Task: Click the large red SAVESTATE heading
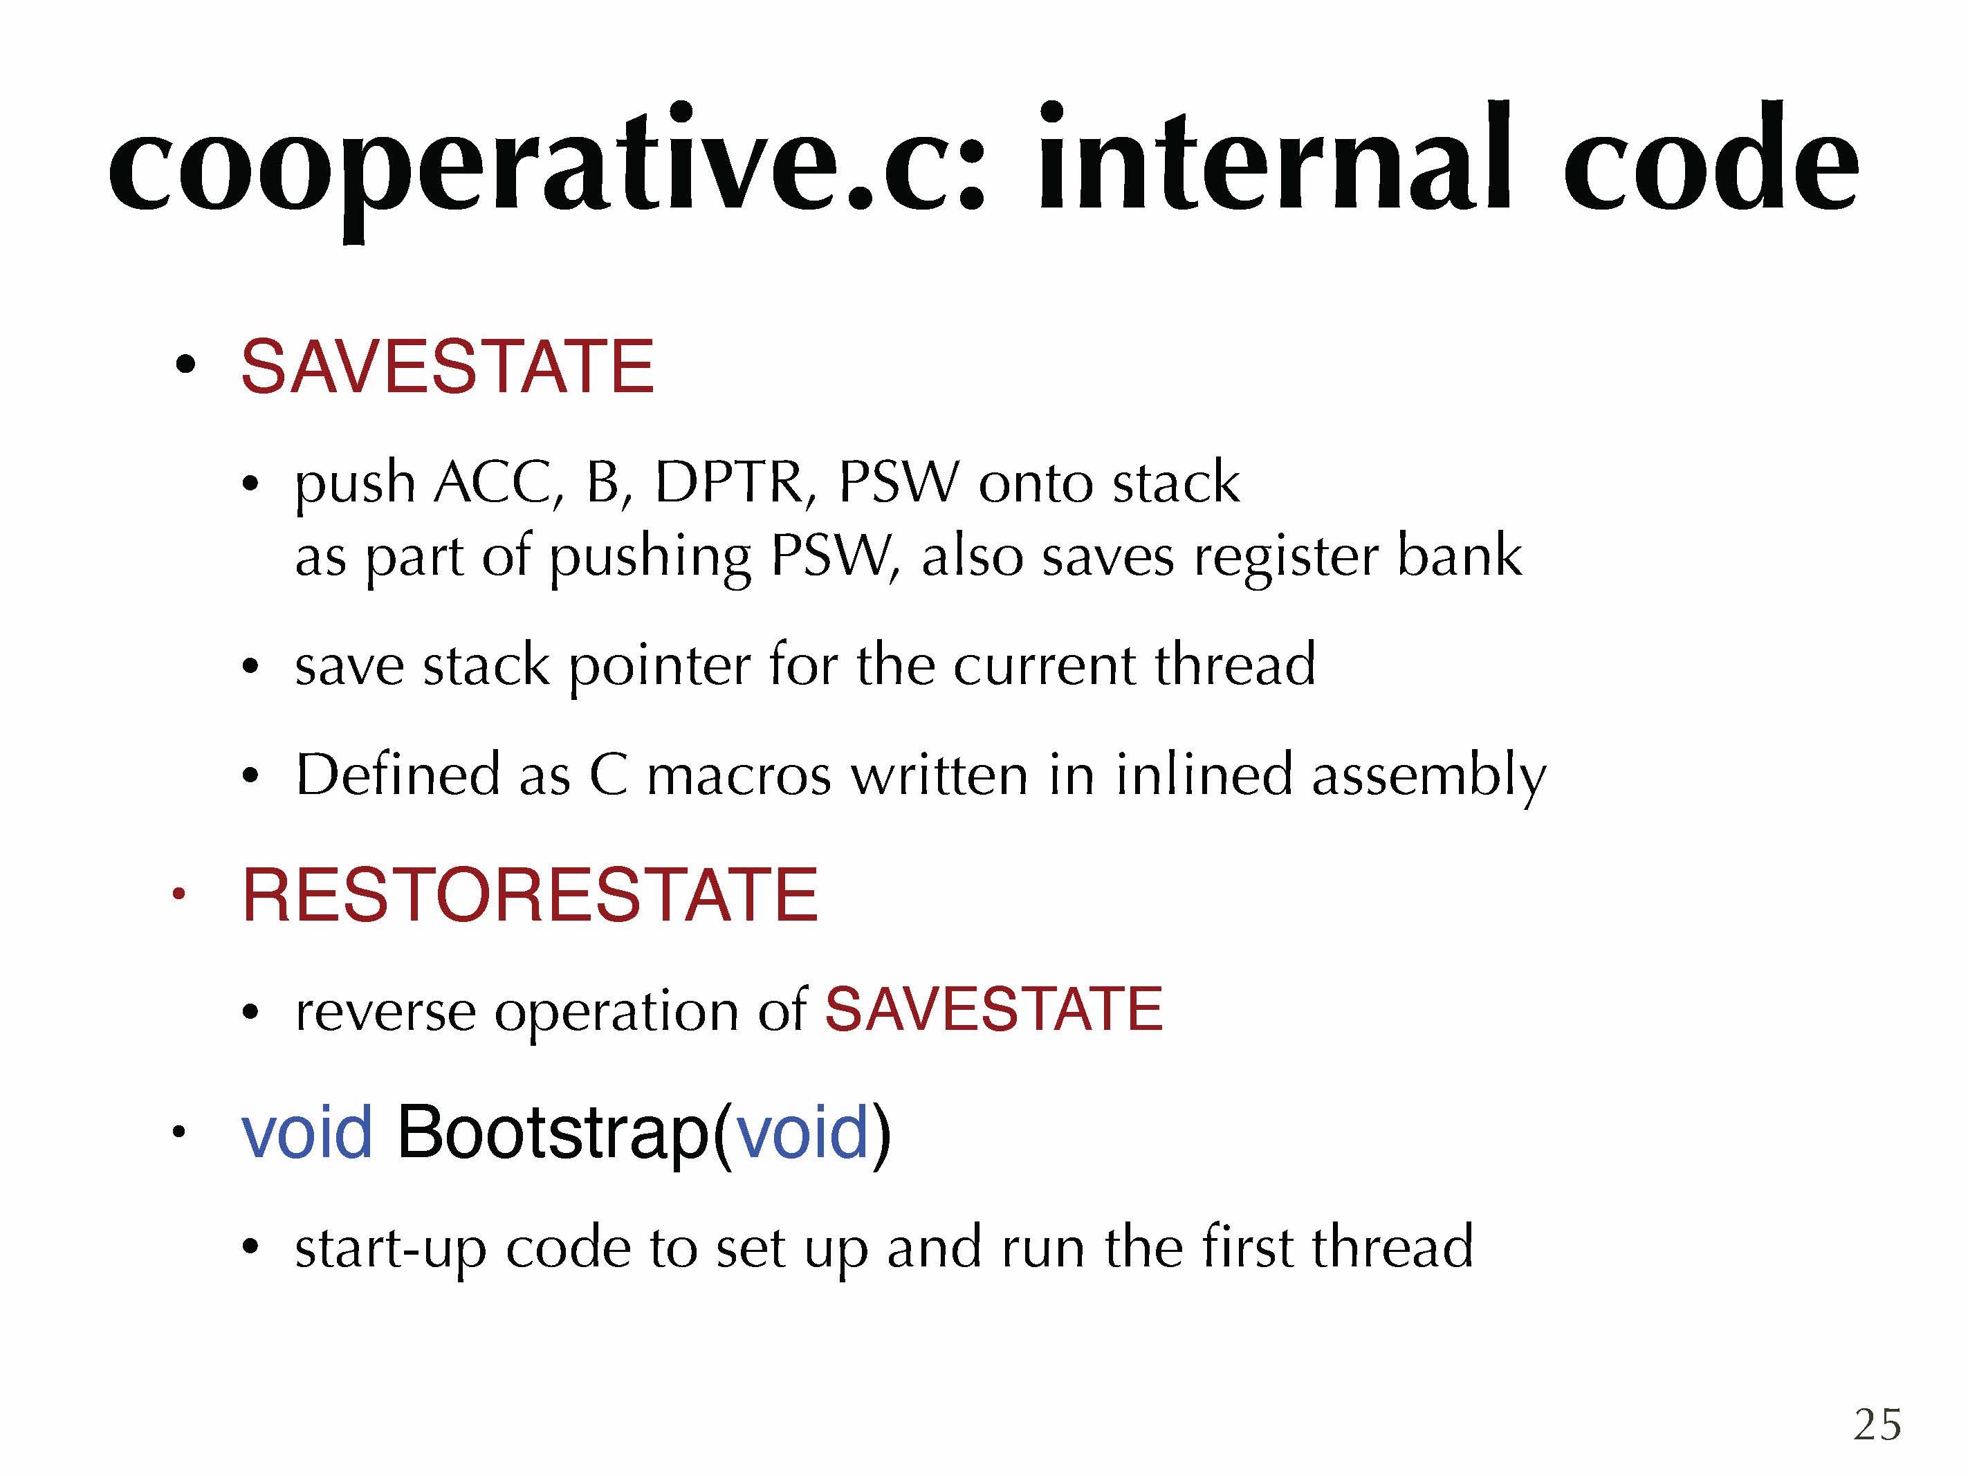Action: (x=448, y=367)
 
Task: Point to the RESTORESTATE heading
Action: (x=529, y=895)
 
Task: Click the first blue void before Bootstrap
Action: (x=307, y=1132)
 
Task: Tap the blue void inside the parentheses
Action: (x=802, y=1132)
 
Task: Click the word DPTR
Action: (x=728, y=483)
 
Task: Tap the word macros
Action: (x=739, y=775)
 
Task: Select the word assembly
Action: (x=1429, y=777)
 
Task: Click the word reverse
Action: (x=385, y=1013)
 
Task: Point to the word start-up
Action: (x=391, y=1249)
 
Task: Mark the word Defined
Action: (x=398, y=773)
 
